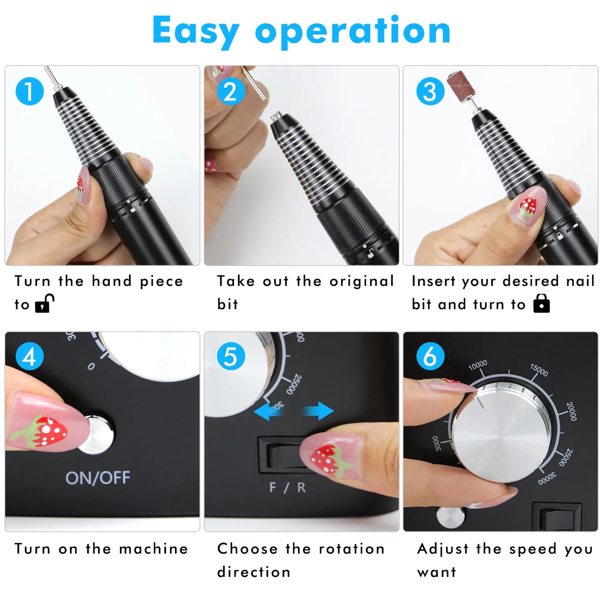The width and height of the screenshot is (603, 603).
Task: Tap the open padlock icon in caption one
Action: pyautogui.click(x=44, y=303)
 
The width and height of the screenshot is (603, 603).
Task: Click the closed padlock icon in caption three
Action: pyautogui.click(x=541, y=303)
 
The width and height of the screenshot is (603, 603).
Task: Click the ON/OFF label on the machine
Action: pyautogui.click(x=98, y=478)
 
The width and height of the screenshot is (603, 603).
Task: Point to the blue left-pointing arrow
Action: pyautogui.click(x=269, y=411)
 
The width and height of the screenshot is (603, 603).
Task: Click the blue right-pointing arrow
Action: pyautogui.click(x=318, y=411)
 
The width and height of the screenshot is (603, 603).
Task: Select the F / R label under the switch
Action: pyautogui.click(x=288, y=487)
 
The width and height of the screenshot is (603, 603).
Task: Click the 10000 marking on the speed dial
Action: pyautogui.click(x=478, y=365)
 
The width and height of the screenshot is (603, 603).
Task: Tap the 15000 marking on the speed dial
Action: pyautogui.click(x=539, y=370)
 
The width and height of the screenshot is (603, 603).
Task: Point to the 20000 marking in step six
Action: pyautogui.click(x=571, y=411)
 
